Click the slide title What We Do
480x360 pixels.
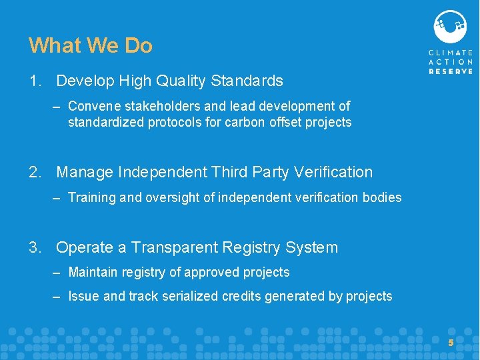point(91,45)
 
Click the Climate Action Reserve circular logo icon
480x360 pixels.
point(450,27)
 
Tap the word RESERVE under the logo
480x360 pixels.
point(451,71)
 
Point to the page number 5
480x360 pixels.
point(451,342)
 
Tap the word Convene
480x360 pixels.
point(91,106)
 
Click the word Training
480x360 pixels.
point(90,197)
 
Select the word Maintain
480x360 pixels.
point(91,272)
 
